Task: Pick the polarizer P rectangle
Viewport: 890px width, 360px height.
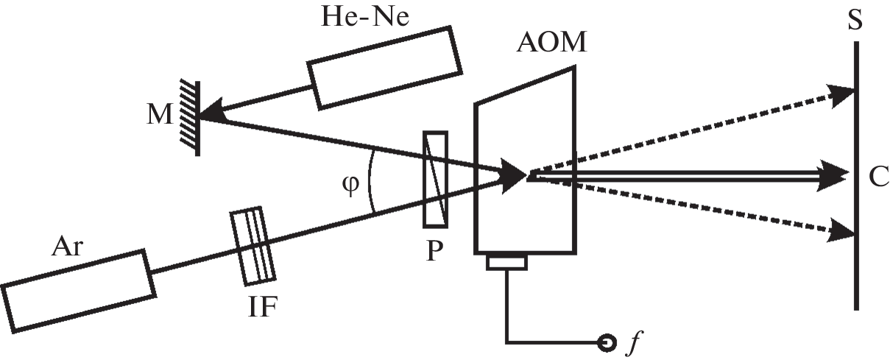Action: [x=435, y=179]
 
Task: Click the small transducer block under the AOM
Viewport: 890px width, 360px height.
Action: [x=506, y=261]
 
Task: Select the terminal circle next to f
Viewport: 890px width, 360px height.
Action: [x=607, y=342]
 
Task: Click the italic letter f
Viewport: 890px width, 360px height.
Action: [x=630, y=342]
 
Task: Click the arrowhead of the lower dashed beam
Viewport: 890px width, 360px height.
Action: [x=841, y=230]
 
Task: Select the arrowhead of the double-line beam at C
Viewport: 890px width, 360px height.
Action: [x=838, y=174]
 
